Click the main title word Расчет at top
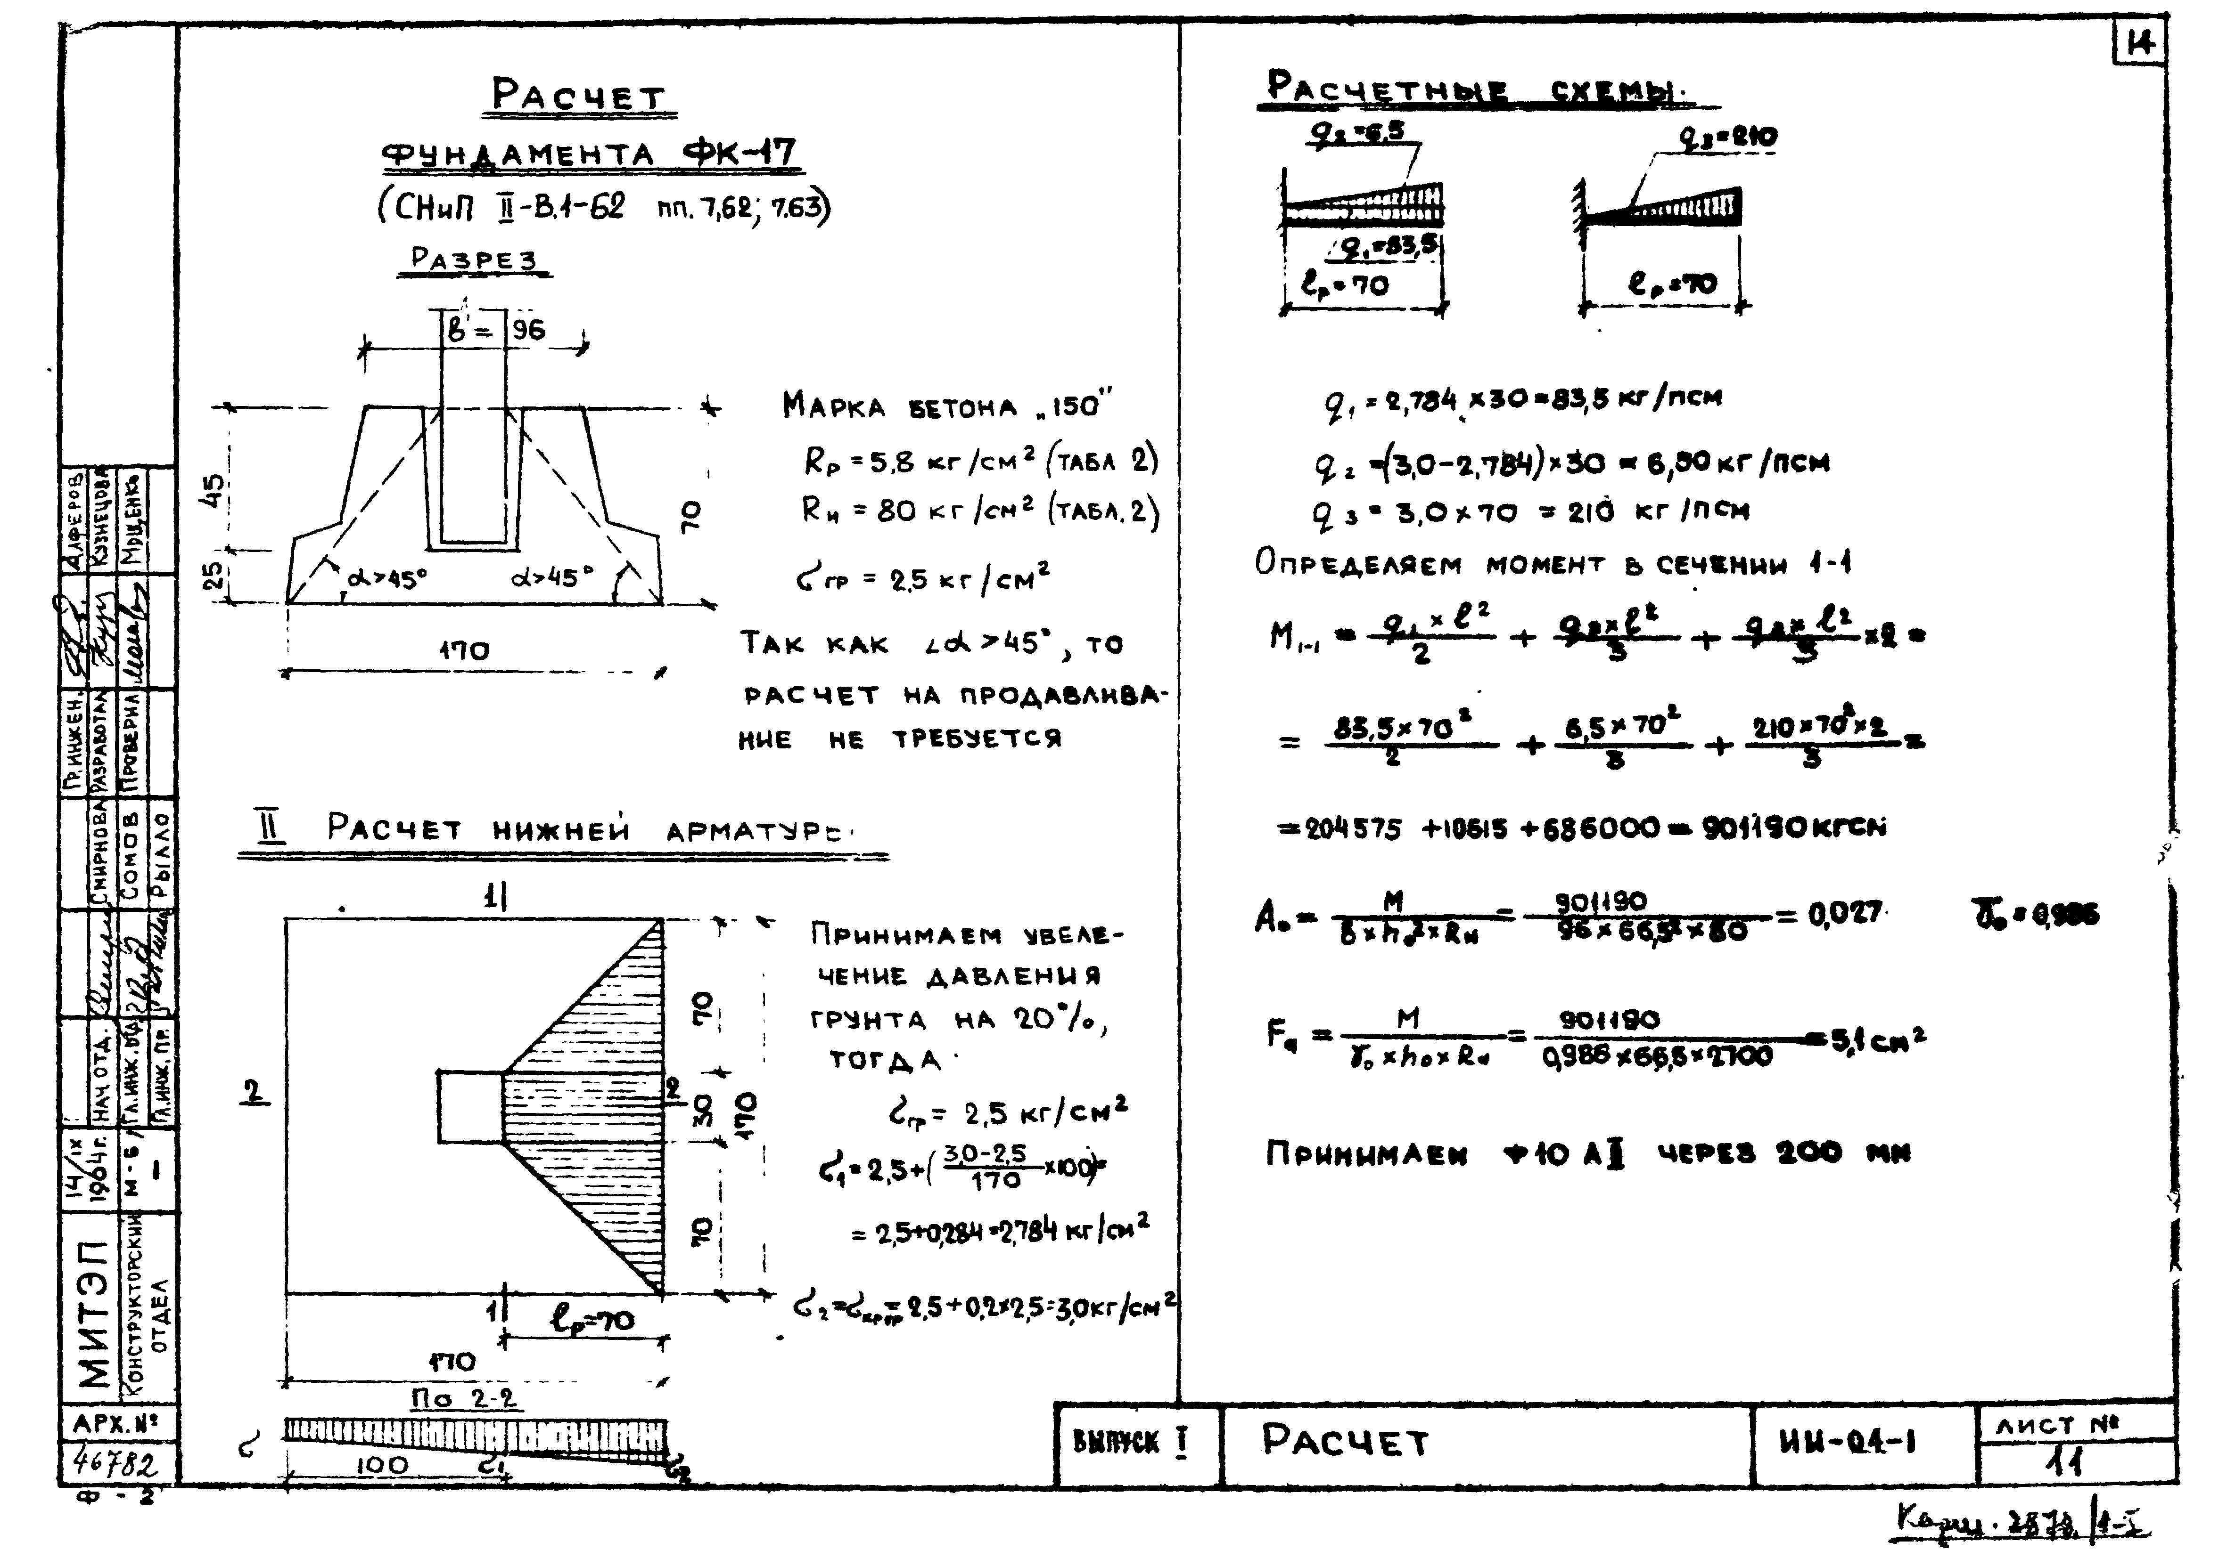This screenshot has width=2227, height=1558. coord(579,96)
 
